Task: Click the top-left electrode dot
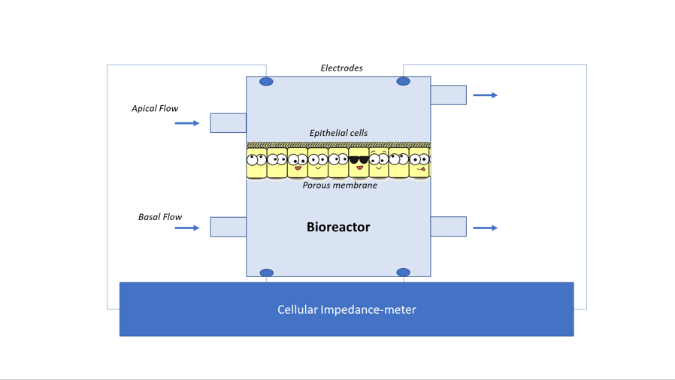coord(266,82)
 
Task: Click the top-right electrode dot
coord(403,81)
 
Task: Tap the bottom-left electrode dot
coord(267,273)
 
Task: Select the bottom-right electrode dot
coord(403,272)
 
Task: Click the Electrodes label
coord(341,68)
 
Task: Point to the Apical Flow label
coord(155,108)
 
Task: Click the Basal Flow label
coord(160,217)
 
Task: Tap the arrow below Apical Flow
coord(187,123)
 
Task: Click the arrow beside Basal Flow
coord(187,228)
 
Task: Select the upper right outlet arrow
coord(485,95)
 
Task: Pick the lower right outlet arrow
coord(485,228)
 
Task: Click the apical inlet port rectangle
coord(229,123)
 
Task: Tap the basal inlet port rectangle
coord(229,227)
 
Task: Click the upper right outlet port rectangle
coord(449,95)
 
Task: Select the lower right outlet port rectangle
coord(449,227)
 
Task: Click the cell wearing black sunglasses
coord(359,162)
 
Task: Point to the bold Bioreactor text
coord(338,227)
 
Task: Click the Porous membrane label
coord(340,185)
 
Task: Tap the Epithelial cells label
coord(338,133)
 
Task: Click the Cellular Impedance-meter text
coord(347,309)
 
